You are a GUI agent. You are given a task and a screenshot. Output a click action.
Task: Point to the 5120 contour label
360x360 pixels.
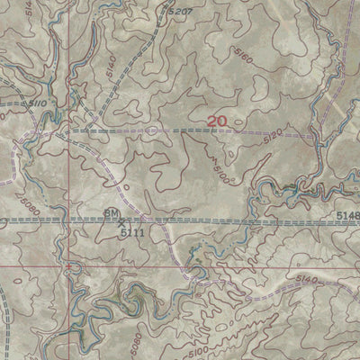274,139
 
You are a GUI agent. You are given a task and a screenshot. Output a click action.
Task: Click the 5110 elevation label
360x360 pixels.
37,103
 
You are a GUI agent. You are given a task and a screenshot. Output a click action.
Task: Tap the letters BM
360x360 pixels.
112,212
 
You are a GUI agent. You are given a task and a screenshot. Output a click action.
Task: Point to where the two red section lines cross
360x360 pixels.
68,265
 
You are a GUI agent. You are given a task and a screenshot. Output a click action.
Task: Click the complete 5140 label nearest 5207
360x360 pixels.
110,66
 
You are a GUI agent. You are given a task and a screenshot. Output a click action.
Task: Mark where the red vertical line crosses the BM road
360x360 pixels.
68,219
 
